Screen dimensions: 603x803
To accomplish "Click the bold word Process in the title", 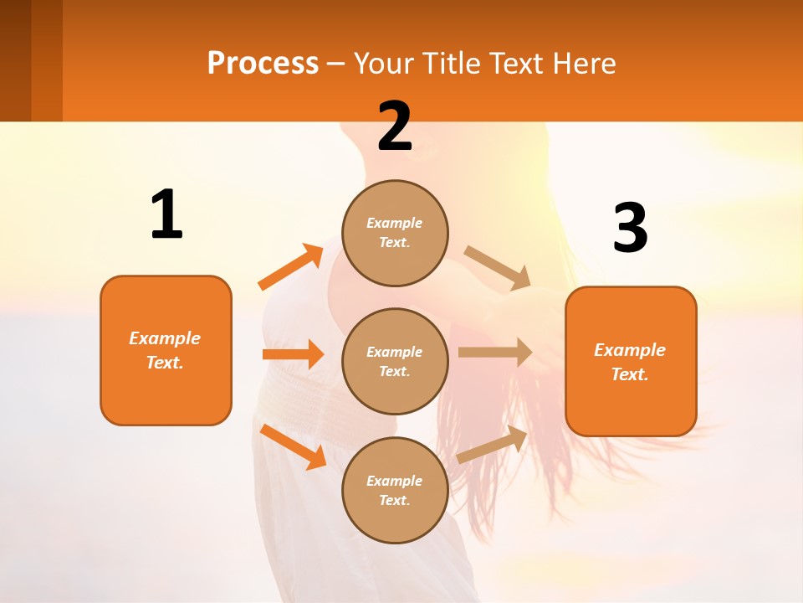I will [263, 64].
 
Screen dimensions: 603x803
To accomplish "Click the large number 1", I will [166, 215].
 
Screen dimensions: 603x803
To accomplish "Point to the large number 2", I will [395, 126].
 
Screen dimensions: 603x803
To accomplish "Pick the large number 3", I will [630, 229].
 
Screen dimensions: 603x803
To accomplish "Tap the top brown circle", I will [395, 233].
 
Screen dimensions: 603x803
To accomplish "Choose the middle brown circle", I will [395, 361].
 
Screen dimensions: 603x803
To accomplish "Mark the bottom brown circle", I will [395, 490].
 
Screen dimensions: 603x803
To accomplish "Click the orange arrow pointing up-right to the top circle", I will [291, 267].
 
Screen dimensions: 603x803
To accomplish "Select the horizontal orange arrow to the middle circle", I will [293, 354].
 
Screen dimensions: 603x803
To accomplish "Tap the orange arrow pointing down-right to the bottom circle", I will [294, 446].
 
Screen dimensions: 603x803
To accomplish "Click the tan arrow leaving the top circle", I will [498, 267].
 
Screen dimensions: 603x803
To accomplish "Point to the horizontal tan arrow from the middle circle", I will [494, 353].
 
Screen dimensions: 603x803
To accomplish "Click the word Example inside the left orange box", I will [165, 338].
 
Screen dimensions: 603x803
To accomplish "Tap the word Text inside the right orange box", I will [629, 374].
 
